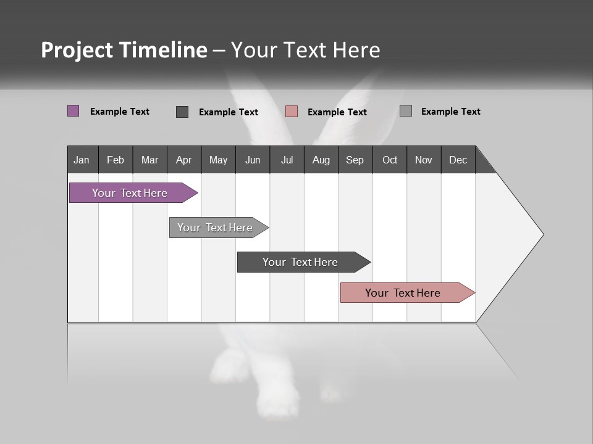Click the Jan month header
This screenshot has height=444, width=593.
[x=82, y=160]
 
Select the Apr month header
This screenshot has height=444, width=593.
[x=184, y=160]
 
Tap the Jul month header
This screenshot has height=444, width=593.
[x=287, y=160]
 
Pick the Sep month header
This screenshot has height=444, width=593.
[x=355, y=160]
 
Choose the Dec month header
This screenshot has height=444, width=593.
[x=458, y=160]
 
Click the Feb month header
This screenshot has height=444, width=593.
[x=116, y=160]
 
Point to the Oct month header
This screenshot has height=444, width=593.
[x=390, y=160]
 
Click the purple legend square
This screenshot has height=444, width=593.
[x=74, y=111]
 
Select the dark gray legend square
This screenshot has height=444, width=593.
[x=182, y=112]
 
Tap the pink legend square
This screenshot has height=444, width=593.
[x=292, y=112]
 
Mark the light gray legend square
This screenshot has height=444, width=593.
[x=406, y=111]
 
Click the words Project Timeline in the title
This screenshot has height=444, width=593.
[x=124, y=50]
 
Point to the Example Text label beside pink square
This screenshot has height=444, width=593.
[x=337, y=112]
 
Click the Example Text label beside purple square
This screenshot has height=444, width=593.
[x=120, y=112]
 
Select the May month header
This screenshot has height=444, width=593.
[x=218, y=160]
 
